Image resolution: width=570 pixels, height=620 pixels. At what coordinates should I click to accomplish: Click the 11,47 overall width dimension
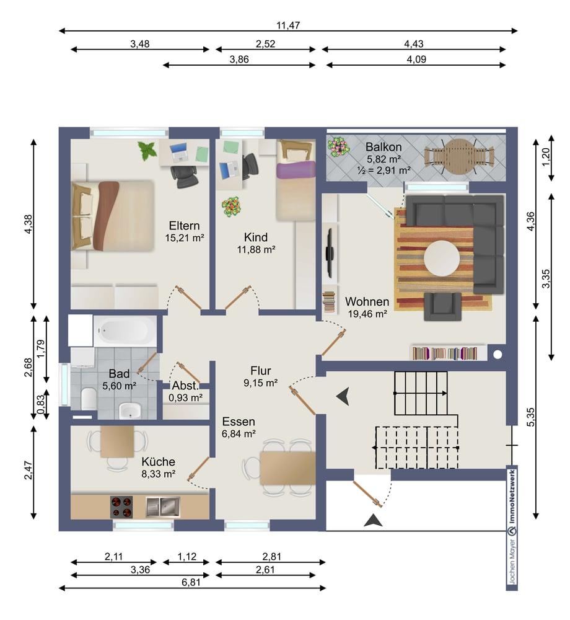(288, 25)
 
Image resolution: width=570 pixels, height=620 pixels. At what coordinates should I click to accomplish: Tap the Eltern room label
(184, 226)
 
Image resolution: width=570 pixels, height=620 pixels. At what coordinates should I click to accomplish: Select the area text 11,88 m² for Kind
(256, 249)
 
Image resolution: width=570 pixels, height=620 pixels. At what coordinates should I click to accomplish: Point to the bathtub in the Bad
(125, 330)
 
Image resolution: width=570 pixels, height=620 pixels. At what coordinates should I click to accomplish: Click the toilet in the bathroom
(89, 399)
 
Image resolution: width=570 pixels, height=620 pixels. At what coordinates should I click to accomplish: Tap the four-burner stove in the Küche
(121, 507)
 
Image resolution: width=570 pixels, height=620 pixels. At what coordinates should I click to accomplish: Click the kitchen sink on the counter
(163, 507)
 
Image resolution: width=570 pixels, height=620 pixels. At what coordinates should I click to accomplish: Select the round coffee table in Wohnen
(442, 259)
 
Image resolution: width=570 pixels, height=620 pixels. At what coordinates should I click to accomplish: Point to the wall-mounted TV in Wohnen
(329, 252)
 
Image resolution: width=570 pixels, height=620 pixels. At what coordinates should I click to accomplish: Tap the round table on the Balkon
(458, 156)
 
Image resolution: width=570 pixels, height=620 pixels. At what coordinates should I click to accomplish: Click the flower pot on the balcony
(338, 147)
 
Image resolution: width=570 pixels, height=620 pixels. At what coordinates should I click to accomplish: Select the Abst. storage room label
(185, 386)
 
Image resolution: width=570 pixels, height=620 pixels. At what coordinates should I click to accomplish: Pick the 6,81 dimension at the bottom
(191, 582)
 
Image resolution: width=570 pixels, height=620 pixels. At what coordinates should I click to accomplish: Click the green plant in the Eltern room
(147, 151)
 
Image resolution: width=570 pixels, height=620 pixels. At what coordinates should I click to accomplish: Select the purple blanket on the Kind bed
(296, 169)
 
